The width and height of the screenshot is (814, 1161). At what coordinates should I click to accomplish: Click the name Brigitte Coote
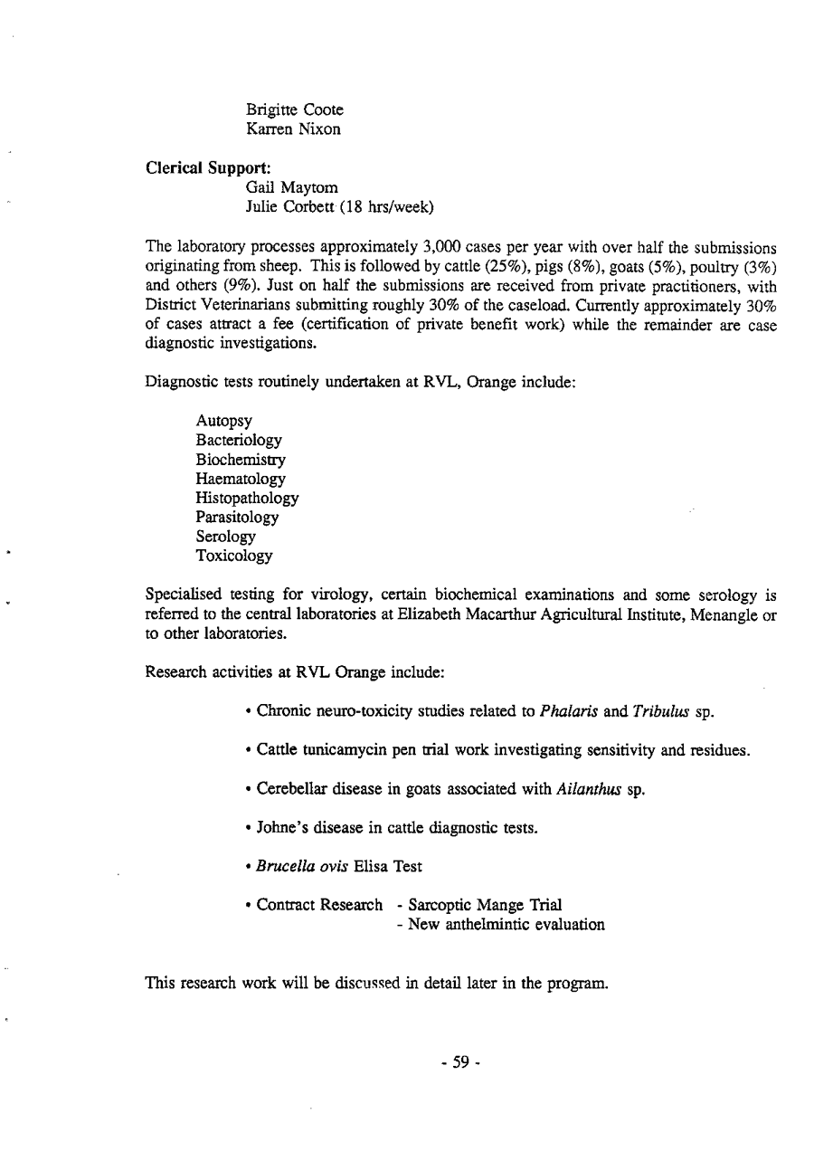294,110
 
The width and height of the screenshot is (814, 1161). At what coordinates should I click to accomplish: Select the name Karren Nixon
291,129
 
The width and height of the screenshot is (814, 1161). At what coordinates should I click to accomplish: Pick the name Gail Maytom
292,188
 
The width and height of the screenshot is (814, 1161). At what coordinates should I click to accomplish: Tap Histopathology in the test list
247,498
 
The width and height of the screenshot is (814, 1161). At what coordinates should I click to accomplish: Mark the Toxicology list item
234,557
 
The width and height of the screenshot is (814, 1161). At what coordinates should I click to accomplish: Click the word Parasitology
237,518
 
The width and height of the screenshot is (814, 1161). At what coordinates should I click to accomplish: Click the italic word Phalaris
565,710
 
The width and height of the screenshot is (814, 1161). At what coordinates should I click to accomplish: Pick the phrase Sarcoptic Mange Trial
486,905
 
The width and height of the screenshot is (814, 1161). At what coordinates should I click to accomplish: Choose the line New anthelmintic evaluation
506,924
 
